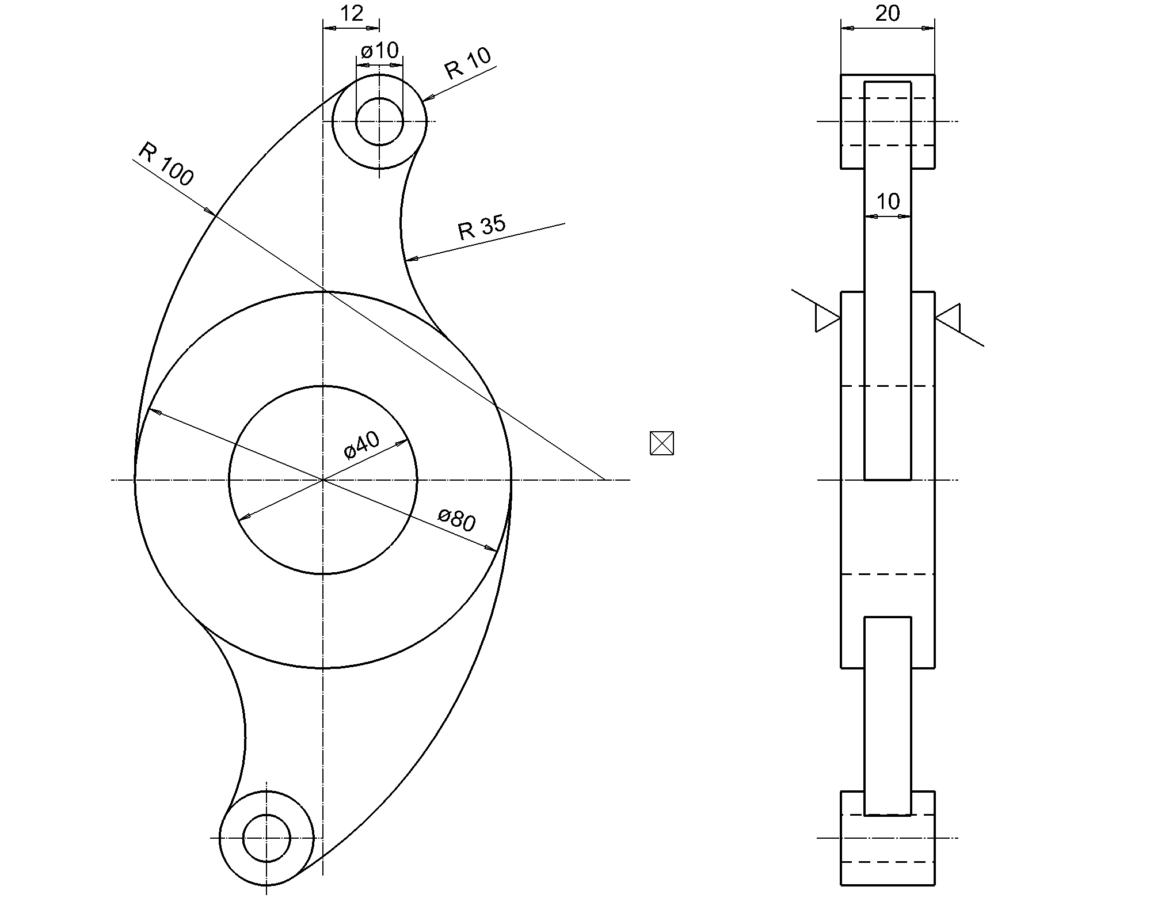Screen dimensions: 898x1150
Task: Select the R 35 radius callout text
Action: tap(482, 227)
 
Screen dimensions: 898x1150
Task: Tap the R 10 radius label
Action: tap(468, 63)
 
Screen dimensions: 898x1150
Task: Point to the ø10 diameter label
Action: tap(379, 51)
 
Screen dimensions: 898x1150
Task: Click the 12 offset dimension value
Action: tap(351, 13)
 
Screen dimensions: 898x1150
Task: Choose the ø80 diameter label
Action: tap(456, 520)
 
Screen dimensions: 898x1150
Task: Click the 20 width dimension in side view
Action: tap(887, 13)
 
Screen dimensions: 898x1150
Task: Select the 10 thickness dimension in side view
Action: tap(888, 201)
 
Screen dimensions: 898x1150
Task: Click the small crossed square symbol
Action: tap(662, 443)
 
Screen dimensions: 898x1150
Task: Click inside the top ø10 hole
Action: tap(379, 121)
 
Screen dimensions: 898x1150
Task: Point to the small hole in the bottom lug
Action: tap(266, 838)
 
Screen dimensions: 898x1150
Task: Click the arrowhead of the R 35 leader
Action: tap(409, 260)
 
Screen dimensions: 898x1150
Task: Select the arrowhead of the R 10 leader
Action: tap(426, 100)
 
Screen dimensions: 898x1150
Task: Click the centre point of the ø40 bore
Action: tap(323, 479)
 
